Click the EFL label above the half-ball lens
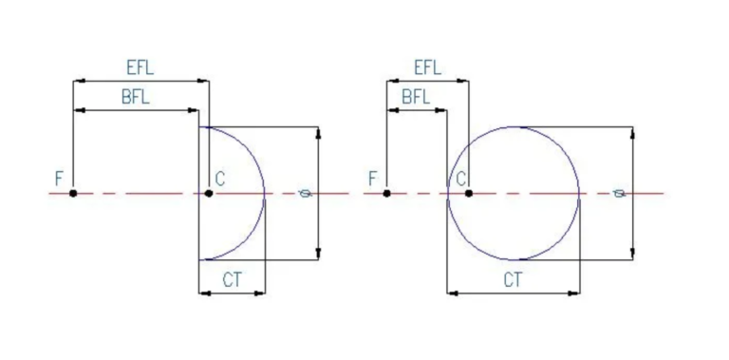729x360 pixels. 140,67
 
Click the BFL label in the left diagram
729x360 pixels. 136,97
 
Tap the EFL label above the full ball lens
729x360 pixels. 428,67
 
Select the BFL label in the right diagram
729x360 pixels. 416,97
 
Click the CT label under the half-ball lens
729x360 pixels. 233,280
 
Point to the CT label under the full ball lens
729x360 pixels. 514,280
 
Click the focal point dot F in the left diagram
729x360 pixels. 73,193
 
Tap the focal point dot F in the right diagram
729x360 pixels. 387,193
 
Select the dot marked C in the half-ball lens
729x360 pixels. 209,193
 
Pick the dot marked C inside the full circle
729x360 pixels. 469,193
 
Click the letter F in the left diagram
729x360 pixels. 59,179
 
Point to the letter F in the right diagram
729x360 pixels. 373,179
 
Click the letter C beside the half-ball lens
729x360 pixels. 220,179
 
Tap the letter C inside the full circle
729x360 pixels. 461,179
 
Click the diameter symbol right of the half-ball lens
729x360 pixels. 306,193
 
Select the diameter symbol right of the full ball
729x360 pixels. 619,193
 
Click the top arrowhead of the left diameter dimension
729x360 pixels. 318,133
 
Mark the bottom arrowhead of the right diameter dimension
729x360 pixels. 633,254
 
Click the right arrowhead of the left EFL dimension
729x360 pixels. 203,81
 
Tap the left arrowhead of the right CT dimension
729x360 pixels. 453,293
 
